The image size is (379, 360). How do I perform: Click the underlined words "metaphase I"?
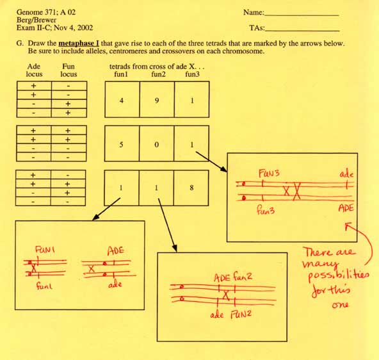pyautogui.click(x=79, y=44)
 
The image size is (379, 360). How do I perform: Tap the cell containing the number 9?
pyautogui.click(x=157, y=99)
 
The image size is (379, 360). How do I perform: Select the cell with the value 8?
pyautogui.click(x=191, y=188)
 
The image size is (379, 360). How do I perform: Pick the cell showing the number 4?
pyautogui.click(x=122, y=99)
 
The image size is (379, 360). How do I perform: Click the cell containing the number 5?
pyautogui.click(x=122, y=143)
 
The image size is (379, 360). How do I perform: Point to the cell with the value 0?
pyautogui.click(x=156, y=143)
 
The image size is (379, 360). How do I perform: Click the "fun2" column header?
pyautogui.click(x=158, y=74)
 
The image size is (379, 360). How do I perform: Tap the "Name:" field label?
pyautogui.click(x=254, y=12)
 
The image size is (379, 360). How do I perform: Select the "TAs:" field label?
pyautogui.click(x=257, y=28)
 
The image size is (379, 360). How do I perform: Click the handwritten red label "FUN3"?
pyautogui.click(x=269, y=174)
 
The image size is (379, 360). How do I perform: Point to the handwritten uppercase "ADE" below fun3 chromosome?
pyautogui.click(x=346, y=208)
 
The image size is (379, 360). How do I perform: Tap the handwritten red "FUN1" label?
pyautogui.click(x=45, y=249)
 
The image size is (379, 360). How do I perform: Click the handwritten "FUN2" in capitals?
pyautogui.click(x=241, y=315)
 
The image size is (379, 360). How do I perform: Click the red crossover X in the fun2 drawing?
pyautogui.click(x=226, y=295)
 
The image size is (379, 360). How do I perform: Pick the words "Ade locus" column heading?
pyautogui.click(x=34, y=70)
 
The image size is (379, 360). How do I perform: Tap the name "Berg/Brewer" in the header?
pyautogui.click(x=36, y=20)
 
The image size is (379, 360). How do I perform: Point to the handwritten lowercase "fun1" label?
pyautogui.click(x=44, y=286)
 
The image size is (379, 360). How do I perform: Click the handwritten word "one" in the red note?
pyautogui.click(x=340, y=305)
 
